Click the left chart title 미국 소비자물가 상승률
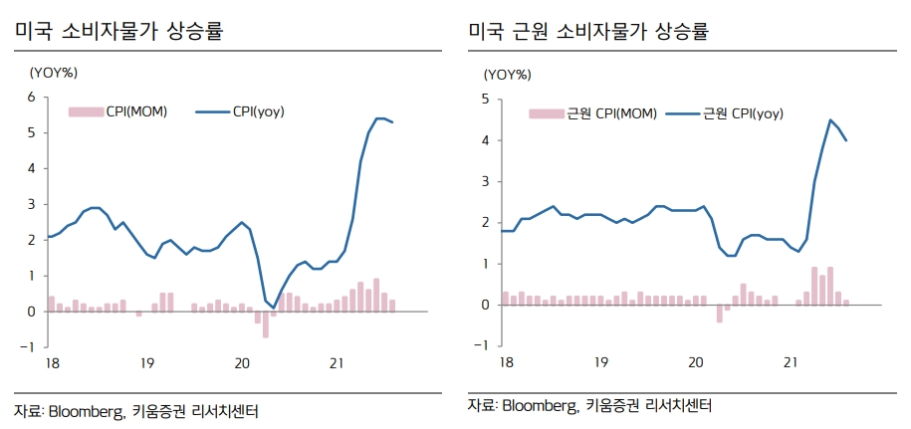117,31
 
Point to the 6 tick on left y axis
31,97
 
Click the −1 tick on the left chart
27,347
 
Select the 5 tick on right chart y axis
484,99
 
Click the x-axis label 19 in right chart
601,362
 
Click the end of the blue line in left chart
392,122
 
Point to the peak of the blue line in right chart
830,120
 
